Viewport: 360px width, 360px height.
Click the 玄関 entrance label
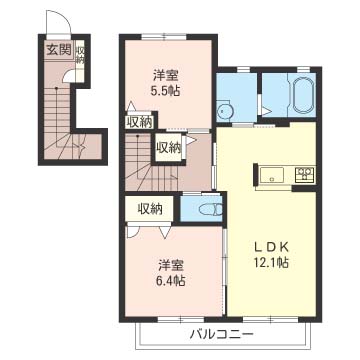[59, 50]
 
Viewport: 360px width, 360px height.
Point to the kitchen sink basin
[272, 174]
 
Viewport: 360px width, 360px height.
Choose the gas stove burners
[305, 175]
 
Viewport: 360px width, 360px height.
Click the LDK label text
[271, 247]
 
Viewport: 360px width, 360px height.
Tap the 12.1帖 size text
[271, 263]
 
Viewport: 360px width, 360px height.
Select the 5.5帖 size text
[165, 91]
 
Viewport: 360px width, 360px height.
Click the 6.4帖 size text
[171, 281]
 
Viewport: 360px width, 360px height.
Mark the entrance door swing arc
[64, 17]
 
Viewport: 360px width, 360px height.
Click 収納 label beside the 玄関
[80, 55]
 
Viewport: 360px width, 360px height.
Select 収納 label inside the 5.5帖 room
[140, 122]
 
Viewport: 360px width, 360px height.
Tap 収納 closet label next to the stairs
[169, 148]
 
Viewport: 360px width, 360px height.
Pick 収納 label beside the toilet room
[150, 209]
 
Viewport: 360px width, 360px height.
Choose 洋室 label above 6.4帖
[171, 266]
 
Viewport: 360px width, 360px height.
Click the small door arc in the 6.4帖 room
[133, 233]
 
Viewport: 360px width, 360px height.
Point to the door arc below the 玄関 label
[67, 76]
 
